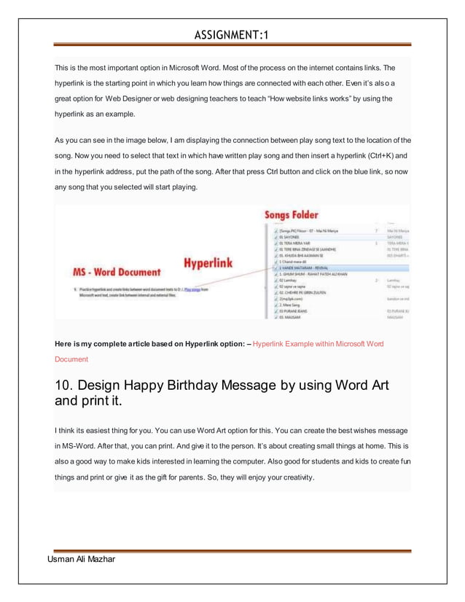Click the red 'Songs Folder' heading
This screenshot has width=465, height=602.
tap(293, 216)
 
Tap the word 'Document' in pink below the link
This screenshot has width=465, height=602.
tap(71, 359)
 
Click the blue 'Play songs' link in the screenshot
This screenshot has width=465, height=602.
tap(192, 289)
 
